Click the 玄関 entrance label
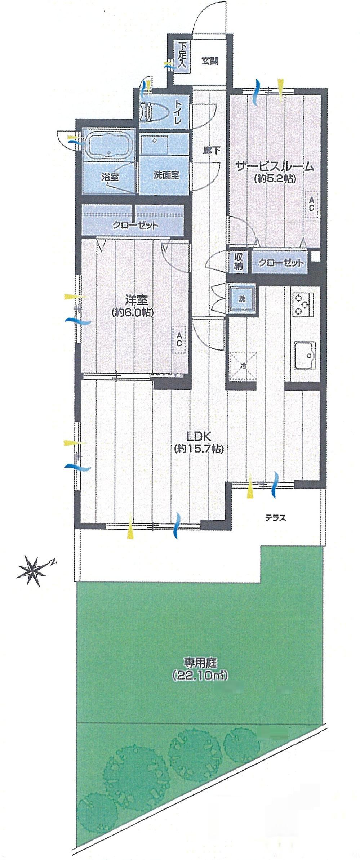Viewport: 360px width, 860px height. [x=210, y=61]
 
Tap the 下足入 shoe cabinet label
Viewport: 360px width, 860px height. [x=183, y=55]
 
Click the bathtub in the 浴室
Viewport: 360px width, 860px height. [x=108, y=144]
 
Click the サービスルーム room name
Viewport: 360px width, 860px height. [x=275, y=167]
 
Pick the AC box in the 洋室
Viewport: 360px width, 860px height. [x=179, y=341]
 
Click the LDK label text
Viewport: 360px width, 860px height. [x=198, y=437]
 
